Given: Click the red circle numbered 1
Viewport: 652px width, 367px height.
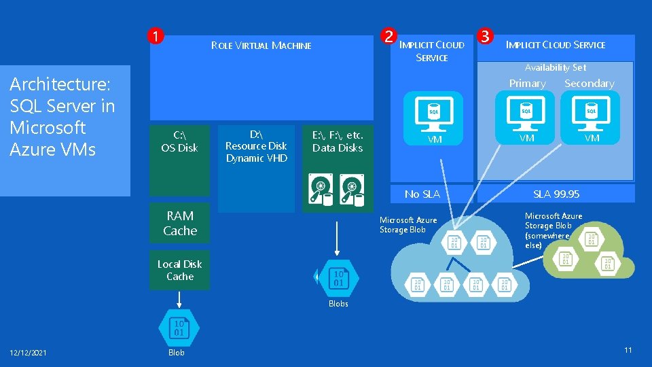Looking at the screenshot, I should pos(156,36).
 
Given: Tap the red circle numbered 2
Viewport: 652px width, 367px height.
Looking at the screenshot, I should pos(388,36).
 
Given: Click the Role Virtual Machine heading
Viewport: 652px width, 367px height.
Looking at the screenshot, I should pos(261,46).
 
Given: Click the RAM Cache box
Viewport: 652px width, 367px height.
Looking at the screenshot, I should pos(180,223).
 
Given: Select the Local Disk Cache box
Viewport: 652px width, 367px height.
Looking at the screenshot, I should pos(180,270).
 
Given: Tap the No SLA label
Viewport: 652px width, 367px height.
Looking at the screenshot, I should pos(422,194).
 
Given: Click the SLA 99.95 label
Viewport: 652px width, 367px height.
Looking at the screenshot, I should pos(556,194).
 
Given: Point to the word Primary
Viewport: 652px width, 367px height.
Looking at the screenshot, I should pos(527,84).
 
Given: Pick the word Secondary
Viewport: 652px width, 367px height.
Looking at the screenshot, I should pos(589,84).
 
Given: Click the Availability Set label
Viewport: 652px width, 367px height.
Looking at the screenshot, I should pos(555,67).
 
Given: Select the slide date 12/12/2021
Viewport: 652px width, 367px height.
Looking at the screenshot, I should pos(29,351).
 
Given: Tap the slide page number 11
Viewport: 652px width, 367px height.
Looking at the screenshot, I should pos(628,350).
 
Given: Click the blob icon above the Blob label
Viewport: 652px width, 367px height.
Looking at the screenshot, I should pos(178,328).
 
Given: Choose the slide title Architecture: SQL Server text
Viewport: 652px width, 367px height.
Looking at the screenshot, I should pos(62,116).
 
